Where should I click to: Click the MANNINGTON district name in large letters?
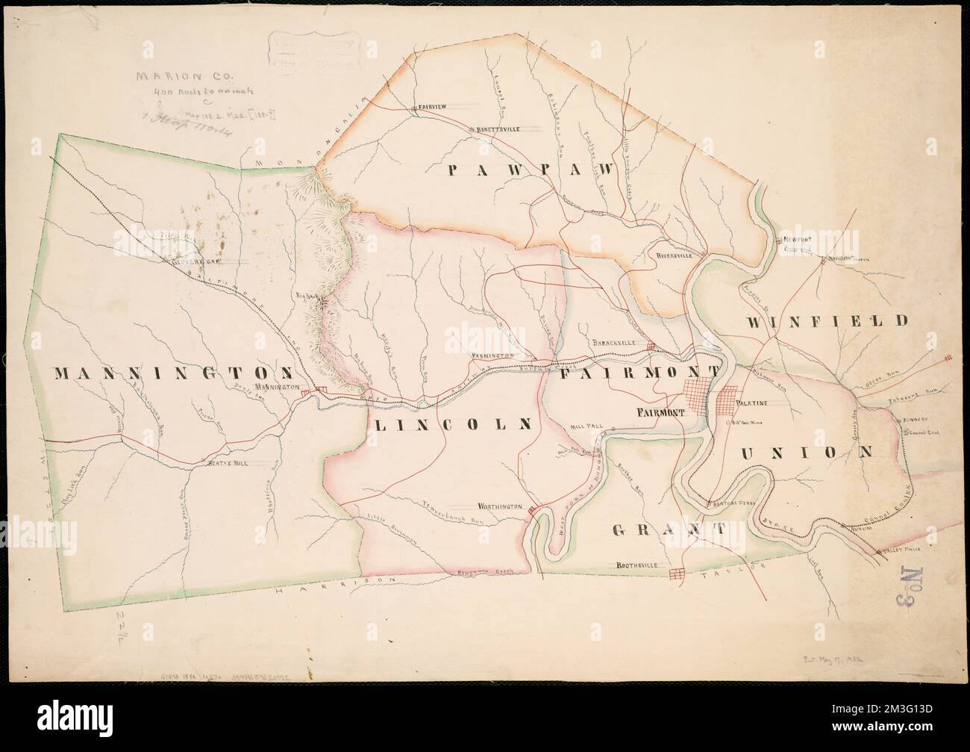point(172,373)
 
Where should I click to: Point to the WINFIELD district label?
point(827,321)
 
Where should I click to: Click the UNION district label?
point(807,452)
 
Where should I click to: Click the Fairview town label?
point(432,108)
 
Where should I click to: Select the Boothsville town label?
point(637,566)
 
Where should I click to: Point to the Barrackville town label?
point(613,344)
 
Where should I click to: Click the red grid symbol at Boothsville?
point(678,574)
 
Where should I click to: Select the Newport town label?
point(798,240)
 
